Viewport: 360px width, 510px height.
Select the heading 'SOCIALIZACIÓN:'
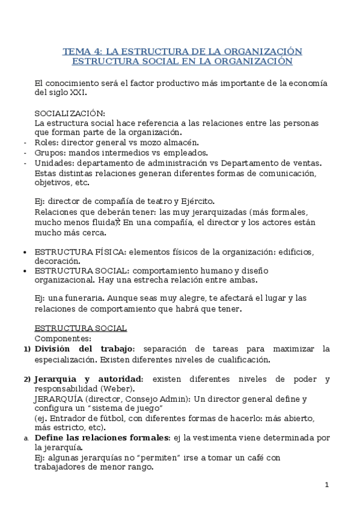pyautogui.click(x=70, y=113)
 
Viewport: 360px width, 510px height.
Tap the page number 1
pyautogui.click(x=326, y=485)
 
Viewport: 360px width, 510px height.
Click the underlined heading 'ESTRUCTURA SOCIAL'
pyautogui.click(x=81, y=328)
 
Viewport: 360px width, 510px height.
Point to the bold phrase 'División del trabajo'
pyautogui.click(x=84, y=349)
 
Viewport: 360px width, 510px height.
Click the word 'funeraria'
pyautogui.click(x=89, y=298)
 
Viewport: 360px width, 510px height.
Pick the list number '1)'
pyautogui.click(x=26, y=349)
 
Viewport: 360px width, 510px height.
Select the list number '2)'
pyautogui.click(x=26, y=379)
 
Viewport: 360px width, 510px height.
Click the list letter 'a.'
pyautogui.click(x=26, y=438)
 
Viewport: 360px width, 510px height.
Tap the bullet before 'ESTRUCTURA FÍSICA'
pyautogui.click(x=23, y=252)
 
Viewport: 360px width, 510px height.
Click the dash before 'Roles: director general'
pyautogui.click(x=24, y=143)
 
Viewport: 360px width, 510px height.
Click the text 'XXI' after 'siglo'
pyautogui.click(x=78, y=93)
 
